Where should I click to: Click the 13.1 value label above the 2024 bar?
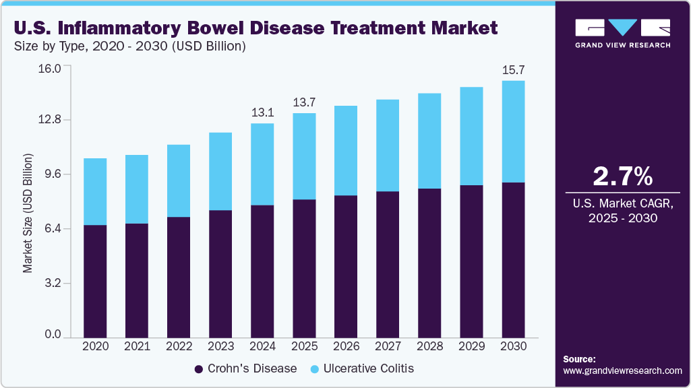pos(262,113)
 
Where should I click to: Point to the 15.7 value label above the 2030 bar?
pos(513,70)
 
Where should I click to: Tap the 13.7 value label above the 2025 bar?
pos(304,102)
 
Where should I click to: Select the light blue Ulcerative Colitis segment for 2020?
pos(95,192)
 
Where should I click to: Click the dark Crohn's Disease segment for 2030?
pos(513,259)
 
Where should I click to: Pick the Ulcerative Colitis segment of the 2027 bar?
pos(388,145)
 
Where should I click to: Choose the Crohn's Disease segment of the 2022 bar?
pos(179,277)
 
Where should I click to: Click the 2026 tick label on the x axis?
pos(346,346)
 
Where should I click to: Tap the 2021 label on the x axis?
pos(137,346)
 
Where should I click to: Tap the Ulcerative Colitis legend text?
pos(368,368)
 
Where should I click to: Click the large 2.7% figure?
pos(622,176)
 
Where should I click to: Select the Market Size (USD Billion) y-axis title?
pos(28,213)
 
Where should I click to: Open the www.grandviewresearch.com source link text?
pos(622,370)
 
